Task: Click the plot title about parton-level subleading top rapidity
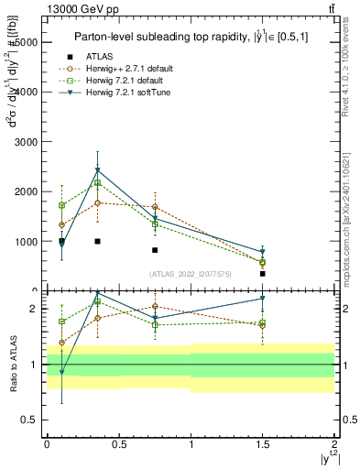click(189, 37)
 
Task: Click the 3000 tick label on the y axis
click(27, 142)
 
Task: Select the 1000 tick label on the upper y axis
click(27, 242)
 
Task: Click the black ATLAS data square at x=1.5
click(262, 273)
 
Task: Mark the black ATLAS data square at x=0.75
click(155, 250)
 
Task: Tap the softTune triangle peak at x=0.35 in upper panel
click(97, 170)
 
